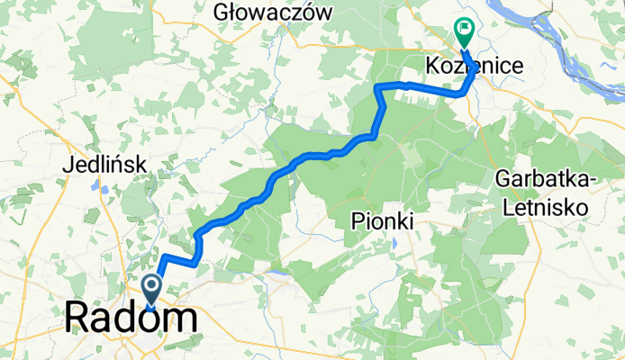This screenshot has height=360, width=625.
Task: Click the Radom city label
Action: tap(131, 319)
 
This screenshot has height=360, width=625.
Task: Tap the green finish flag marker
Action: tap(465, 31)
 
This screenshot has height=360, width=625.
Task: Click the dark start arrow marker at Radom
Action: tap(150, 290)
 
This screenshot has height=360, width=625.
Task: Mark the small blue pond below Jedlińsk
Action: tap(105, 190)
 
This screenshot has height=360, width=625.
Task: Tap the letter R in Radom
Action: tap(78, 319)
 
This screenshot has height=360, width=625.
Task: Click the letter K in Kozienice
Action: tap(430, 66)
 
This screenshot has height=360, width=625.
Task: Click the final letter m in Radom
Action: tap(182, 319)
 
